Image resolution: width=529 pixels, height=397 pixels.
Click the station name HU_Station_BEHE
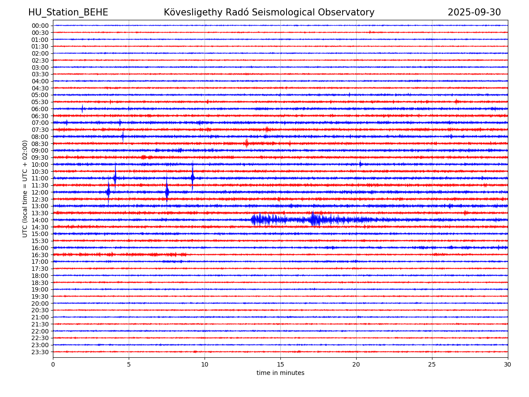point(68,12)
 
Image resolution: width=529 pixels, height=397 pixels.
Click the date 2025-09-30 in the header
point(474,12)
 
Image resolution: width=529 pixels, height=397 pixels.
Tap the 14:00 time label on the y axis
point(40,220)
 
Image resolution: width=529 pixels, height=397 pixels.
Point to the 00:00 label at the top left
point(40,26)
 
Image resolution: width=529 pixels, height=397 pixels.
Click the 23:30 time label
point(40,352)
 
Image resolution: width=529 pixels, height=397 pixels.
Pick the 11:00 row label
point(40,178)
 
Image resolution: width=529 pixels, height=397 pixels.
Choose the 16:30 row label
point(40,255)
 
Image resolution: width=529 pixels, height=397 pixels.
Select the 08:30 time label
point(40,144)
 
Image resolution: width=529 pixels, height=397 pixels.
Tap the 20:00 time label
point(40,303)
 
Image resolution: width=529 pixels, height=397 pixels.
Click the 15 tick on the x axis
point(280,364)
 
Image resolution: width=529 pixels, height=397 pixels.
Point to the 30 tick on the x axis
point(508,364)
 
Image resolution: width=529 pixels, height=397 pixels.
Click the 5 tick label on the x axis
point(129,364)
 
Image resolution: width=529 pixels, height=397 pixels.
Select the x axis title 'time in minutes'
point(280,373)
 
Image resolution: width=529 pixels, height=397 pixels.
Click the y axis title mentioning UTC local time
point(25,189)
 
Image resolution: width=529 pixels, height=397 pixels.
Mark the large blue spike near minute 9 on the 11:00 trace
point(192,177)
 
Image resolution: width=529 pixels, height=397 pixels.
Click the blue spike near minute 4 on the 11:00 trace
point(115,177)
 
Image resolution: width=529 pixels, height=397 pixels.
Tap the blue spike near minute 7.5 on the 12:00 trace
point(167,192)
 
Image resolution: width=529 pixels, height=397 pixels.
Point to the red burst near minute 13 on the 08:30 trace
point(246,143)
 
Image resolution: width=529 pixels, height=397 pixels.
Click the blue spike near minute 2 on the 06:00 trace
point(82,109)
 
